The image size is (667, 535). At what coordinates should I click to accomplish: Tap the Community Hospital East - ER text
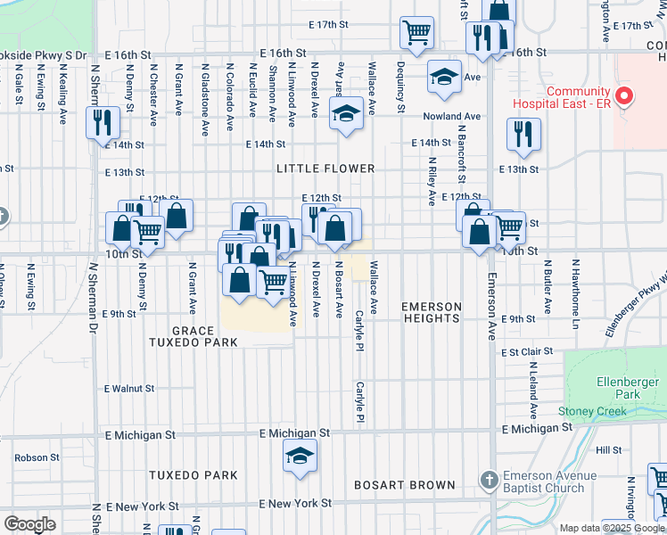pos(578,99)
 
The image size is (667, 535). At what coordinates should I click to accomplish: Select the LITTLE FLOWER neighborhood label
pos(325,169)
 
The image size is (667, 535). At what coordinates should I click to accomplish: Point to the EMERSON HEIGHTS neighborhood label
pos(432,313)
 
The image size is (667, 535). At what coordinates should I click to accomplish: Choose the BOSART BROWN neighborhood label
pos(405,486)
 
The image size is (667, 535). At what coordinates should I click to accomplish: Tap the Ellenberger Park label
pos(630,388)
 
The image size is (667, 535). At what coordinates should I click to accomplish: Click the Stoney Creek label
pos(593,411)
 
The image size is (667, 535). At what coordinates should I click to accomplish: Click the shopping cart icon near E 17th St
pos(416,32)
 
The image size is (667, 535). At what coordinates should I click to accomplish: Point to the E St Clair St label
pos(528,352)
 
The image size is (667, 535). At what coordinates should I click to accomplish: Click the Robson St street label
pos(36,457)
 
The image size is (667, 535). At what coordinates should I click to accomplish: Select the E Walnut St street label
pos(129,389)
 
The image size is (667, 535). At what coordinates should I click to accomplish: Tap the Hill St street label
pos(609,450)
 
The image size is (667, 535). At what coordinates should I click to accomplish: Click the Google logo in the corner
pos(29,524)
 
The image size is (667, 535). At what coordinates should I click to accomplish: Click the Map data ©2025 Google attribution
pos(612,528)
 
